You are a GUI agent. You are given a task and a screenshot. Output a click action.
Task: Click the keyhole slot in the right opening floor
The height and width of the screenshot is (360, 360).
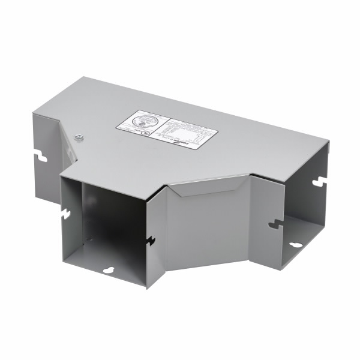pos(296,244)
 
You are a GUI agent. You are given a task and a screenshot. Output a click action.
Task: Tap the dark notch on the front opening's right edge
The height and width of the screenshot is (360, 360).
pos(149,241)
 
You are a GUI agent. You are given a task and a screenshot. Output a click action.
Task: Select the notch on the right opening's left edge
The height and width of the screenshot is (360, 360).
pos(276,224)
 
